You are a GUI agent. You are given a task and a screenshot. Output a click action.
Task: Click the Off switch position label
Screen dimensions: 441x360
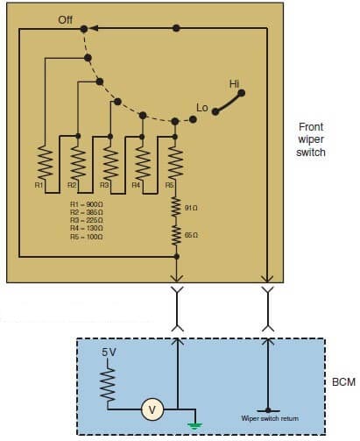(66, 18)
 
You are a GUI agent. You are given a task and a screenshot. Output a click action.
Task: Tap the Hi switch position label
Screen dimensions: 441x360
(234, 83)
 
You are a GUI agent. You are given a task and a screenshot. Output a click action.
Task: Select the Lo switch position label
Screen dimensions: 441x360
(202, 108)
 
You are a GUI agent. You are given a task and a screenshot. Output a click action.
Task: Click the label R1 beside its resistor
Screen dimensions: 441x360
(39, 186)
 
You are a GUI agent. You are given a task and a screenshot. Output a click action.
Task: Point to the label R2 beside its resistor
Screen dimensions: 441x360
(72, 186)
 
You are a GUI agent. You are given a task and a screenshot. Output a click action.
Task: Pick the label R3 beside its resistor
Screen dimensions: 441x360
(104, 186)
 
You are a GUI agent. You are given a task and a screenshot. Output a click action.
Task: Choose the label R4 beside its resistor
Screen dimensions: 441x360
(136, 186)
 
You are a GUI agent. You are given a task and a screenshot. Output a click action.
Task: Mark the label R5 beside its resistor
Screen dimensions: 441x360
(170, 186)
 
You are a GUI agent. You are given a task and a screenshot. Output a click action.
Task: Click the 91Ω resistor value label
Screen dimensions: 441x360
(191, 207)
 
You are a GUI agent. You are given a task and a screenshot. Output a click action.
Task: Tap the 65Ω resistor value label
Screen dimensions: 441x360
(191, 236)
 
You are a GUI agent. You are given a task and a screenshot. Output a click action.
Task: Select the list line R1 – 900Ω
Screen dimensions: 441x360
(88, 204)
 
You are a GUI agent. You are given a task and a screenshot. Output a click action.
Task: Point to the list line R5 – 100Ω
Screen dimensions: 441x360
(88, 237)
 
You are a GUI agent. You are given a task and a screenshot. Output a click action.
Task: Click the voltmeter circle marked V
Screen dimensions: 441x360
(152, 408)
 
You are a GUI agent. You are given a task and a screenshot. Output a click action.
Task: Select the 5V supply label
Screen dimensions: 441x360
(109, 352)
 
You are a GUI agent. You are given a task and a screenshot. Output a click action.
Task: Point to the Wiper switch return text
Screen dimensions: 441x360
(270, 419)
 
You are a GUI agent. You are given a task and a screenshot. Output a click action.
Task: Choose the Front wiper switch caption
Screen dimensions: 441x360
(311, 139)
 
